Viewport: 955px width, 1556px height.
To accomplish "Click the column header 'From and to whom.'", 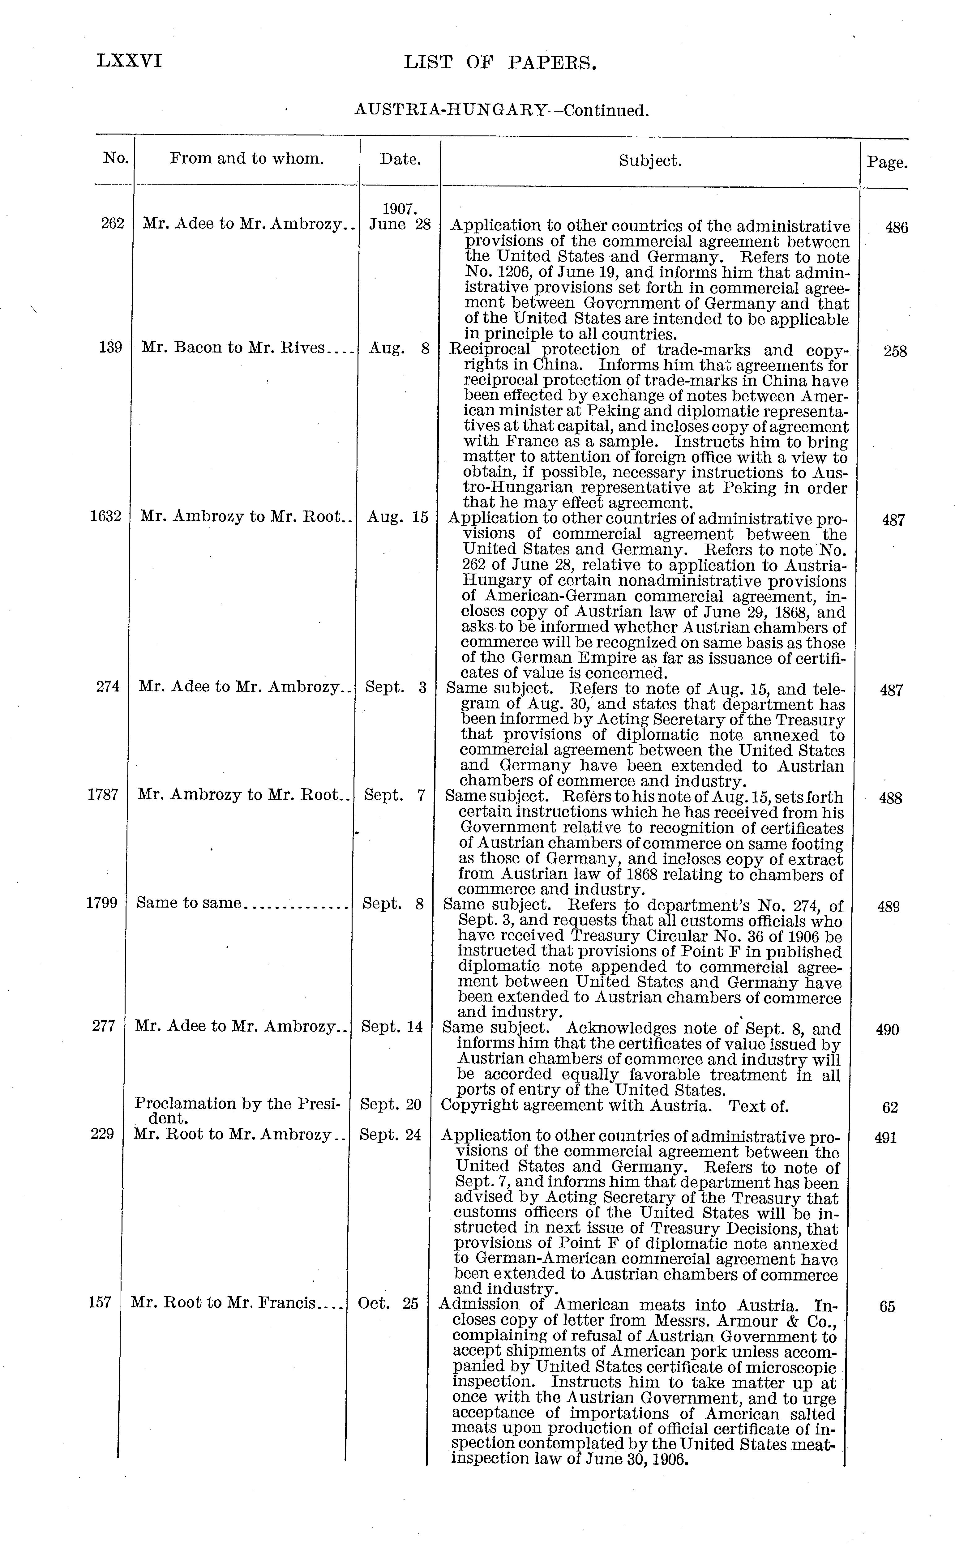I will [x=247, y=159].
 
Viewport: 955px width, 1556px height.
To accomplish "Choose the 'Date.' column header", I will [x=400, y=159].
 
